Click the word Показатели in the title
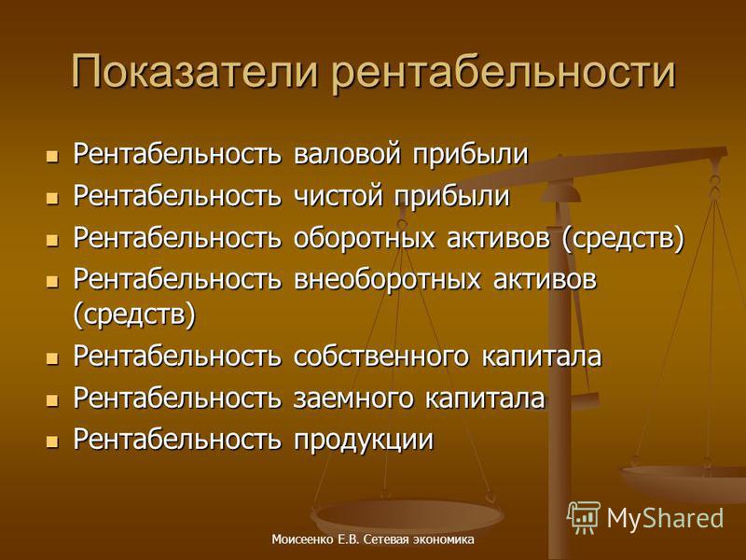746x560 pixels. [x=195, y=72]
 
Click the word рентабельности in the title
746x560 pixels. [x=504, y=73]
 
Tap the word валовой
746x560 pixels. [x=347, y=154]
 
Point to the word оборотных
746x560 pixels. [x=364, y=238]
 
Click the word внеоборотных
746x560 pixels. [x=387, y=279]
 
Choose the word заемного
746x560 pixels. [x=353, y=399]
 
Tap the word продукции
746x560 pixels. [x=364, y=441]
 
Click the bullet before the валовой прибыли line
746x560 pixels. [x=52, y=156]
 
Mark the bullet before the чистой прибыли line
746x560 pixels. [x=52, y=198]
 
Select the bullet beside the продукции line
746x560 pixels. [x=52, y=441]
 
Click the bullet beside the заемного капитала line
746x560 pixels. [x=52, y=400]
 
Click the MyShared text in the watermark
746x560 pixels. [x=665, y=518]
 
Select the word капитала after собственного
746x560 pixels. [x=542, y=357]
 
